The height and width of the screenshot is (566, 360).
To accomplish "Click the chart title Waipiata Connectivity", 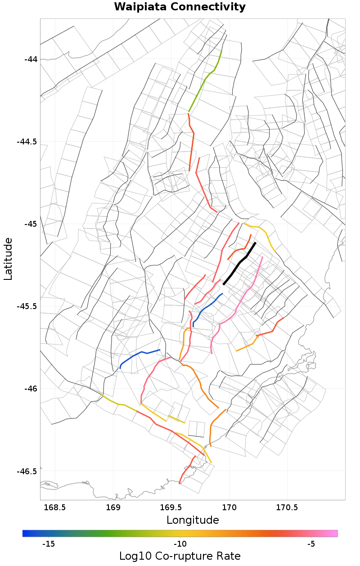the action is click(x=180, y=7).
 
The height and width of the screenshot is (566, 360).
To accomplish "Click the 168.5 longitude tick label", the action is click(x=55, y=508).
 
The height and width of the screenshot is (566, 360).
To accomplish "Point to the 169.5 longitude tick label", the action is click(x=171, y=508).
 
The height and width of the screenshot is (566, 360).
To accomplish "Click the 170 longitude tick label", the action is click(x=229, y=508).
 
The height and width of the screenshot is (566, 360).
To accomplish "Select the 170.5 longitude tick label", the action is click(x=287, y=508).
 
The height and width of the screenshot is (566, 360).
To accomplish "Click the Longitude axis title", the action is click(x=193, y=521).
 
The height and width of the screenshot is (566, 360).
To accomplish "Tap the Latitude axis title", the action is click(x=8, y=259).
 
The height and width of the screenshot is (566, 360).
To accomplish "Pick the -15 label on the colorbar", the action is click(x=48, y=544).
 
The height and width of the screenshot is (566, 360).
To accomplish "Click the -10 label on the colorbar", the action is click(x=180, y=544).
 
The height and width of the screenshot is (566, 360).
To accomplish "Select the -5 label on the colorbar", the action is click(x=311, y=544).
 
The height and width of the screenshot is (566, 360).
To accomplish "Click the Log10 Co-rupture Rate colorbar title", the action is click(x=180, y=556).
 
